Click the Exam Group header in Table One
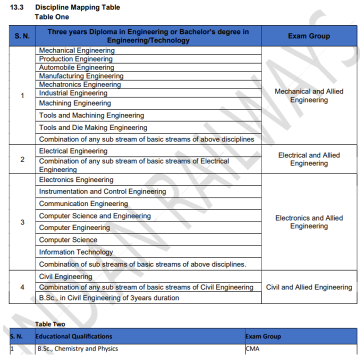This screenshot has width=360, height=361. tap(308, 36)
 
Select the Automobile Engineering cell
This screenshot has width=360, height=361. tap(76, 67)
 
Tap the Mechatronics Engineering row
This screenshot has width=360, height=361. tap(80, 84)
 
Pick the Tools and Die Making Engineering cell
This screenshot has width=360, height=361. tap(93, 127)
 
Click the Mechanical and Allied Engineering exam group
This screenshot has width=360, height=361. tap(309, 95)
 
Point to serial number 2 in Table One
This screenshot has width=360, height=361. tap(22, 159)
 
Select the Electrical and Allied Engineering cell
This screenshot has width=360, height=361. tap(309, 159)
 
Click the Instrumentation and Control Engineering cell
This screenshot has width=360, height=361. tap(102, 191)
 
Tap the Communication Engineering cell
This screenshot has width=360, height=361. tap(83, 203)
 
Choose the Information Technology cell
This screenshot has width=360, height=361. tap(76, 252)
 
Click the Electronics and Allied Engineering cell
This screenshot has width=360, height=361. tap(309, 222)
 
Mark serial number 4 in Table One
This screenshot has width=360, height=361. tap(22, 287)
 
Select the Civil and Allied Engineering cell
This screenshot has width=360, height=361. tap(309, 287)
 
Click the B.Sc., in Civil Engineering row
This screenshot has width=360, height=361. tap(109, 298)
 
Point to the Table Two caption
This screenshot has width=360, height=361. tap(50, 324)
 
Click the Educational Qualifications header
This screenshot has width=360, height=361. tap(74, 336)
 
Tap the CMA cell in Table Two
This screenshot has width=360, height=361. tap(252, 348)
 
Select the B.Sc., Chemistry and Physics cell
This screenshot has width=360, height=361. tap(77, 348)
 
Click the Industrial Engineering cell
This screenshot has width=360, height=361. tap(73, 93)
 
